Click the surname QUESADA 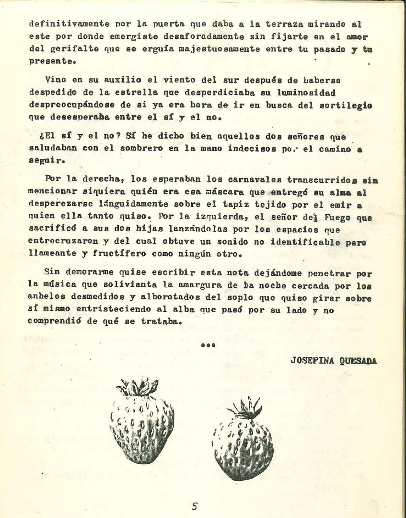tap(358, 361)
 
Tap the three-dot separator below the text tap(208, 345)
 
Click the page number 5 tap(195, 506)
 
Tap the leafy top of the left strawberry tap(138, 387)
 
